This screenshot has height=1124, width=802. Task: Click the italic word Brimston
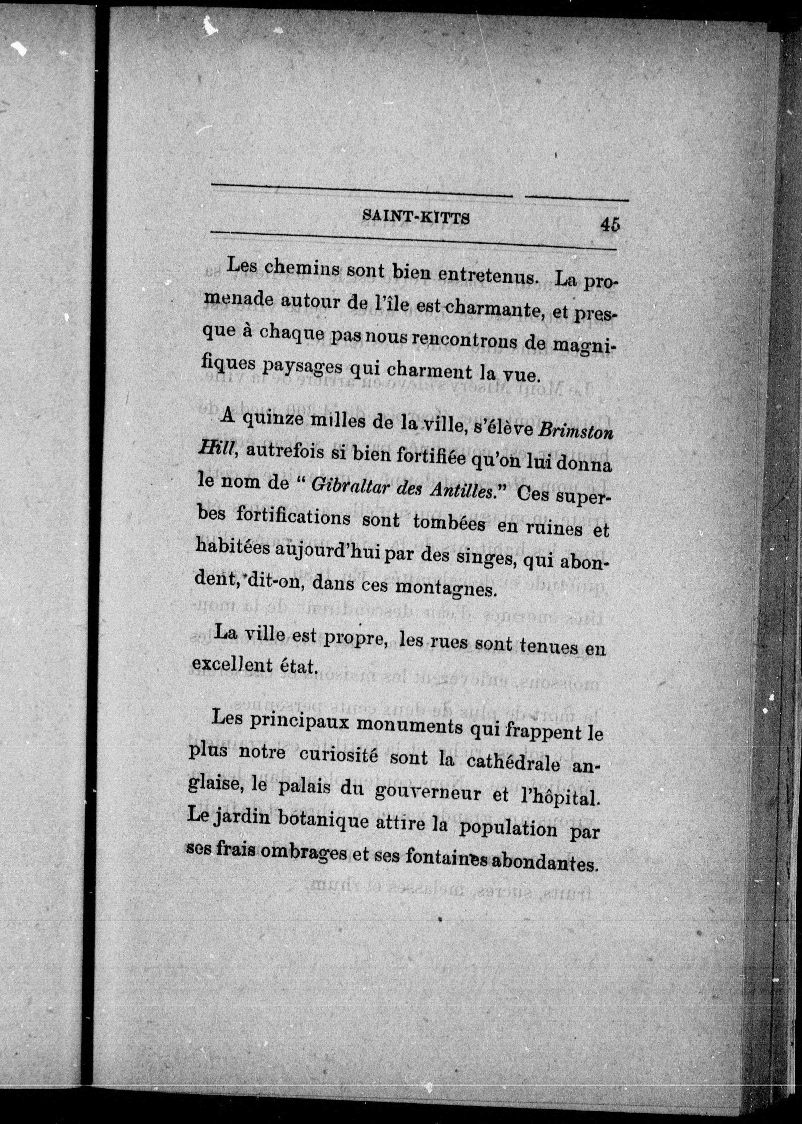click(x=575, y=432)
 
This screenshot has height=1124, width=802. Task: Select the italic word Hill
click(x=214, y=449)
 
